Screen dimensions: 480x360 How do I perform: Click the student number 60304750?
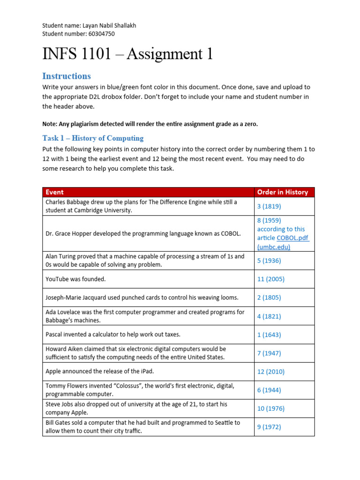click(98, 34)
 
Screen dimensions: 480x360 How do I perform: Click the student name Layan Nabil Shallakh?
click(107, 26)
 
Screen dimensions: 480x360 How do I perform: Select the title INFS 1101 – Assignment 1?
click(127, 54)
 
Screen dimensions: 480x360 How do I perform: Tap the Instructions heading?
click(66, 76)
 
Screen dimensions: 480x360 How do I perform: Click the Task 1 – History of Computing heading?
click(93, 138)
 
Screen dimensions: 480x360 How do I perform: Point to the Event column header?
click(55, 192)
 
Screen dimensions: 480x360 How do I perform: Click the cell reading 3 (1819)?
click(269, 206)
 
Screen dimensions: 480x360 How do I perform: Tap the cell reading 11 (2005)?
click(271, 279)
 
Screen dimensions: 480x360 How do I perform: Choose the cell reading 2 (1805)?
click(269, 297)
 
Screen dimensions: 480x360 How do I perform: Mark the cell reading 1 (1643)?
click(269, 334)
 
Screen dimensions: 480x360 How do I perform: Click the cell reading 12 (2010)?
click(271, 371)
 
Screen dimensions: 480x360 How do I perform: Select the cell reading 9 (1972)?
click(269, 427)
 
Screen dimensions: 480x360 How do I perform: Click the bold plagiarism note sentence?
click(150, 124)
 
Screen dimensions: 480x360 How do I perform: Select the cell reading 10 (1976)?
click(271, 408)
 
